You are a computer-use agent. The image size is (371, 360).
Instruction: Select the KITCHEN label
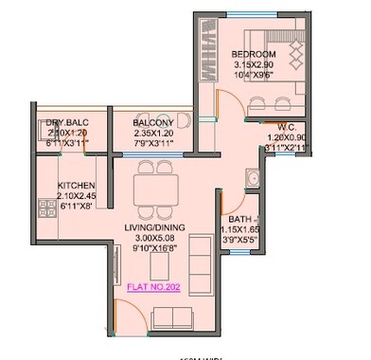click(x=77, y=185)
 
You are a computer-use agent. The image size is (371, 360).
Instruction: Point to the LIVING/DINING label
click(x=154, y=227)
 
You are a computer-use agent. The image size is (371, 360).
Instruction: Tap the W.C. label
click(x=289, y=126)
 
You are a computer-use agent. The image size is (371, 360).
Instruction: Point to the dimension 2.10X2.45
click(x=77, y=196)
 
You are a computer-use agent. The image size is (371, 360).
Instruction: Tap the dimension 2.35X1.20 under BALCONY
click(x=152, y=135)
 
